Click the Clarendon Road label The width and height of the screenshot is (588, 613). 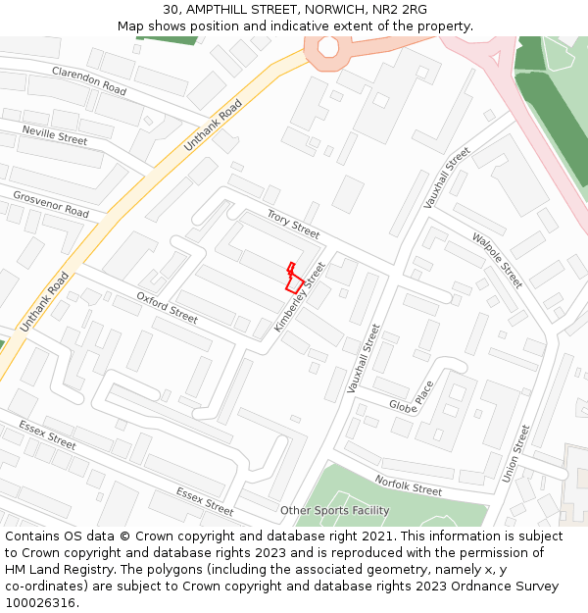(x=89, y=81)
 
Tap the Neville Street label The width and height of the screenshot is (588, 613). (x=55, y=135)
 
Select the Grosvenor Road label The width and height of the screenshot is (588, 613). (x=51, y=204)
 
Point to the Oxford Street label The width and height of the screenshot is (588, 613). (x=167, y=307)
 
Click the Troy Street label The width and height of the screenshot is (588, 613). (x=293, y=225)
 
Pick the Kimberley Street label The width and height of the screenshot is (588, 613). (x=301, y=295)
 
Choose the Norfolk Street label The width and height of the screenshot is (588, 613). (x=408, y=485)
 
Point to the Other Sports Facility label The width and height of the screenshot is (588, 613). (x=334, y=511)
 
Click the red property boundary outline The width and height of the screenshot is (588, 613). (x=292, y=279)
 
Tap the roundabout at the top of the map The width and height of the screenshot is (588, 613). (x=327, y=46)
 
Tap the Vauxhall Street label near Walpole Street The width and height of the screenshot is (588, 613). (x=447, y=178)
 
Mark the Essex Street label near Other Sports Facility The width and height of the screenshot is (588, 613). (x=205, y=500)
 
